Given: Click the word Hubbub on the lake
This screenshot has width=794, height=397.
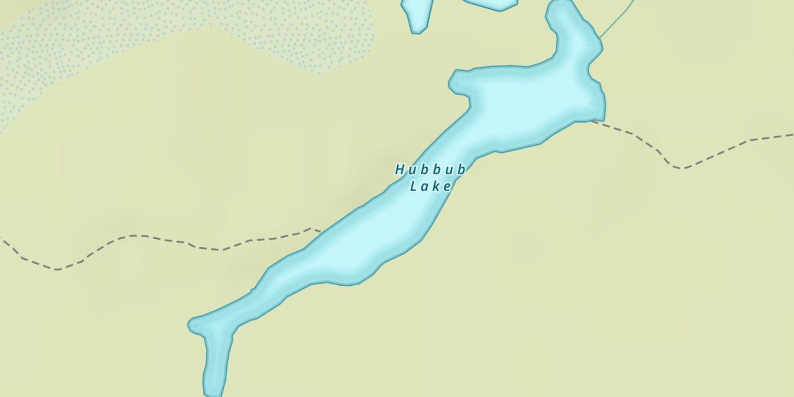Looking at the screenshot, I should (x=430, y=170).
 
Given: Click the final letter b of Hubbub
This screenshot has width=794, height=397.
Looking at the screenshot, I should (x=461, y=170).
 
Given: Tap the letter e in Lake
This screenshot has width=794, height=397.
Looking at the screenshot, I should (x=448, y=186).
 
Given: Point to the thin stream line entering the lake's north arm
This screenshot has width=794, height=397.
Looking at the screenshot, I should (x=617, y=21).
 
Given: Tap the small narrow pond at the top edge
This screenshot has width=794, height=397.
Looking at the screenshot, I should (x=417, y=13).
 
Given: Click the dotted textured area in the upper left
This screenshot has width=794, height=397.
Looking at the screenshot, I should (x=159, y=32).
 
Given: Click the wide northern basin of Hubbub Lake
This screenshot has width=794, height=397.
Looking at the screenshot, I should (x=535, y=101).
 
